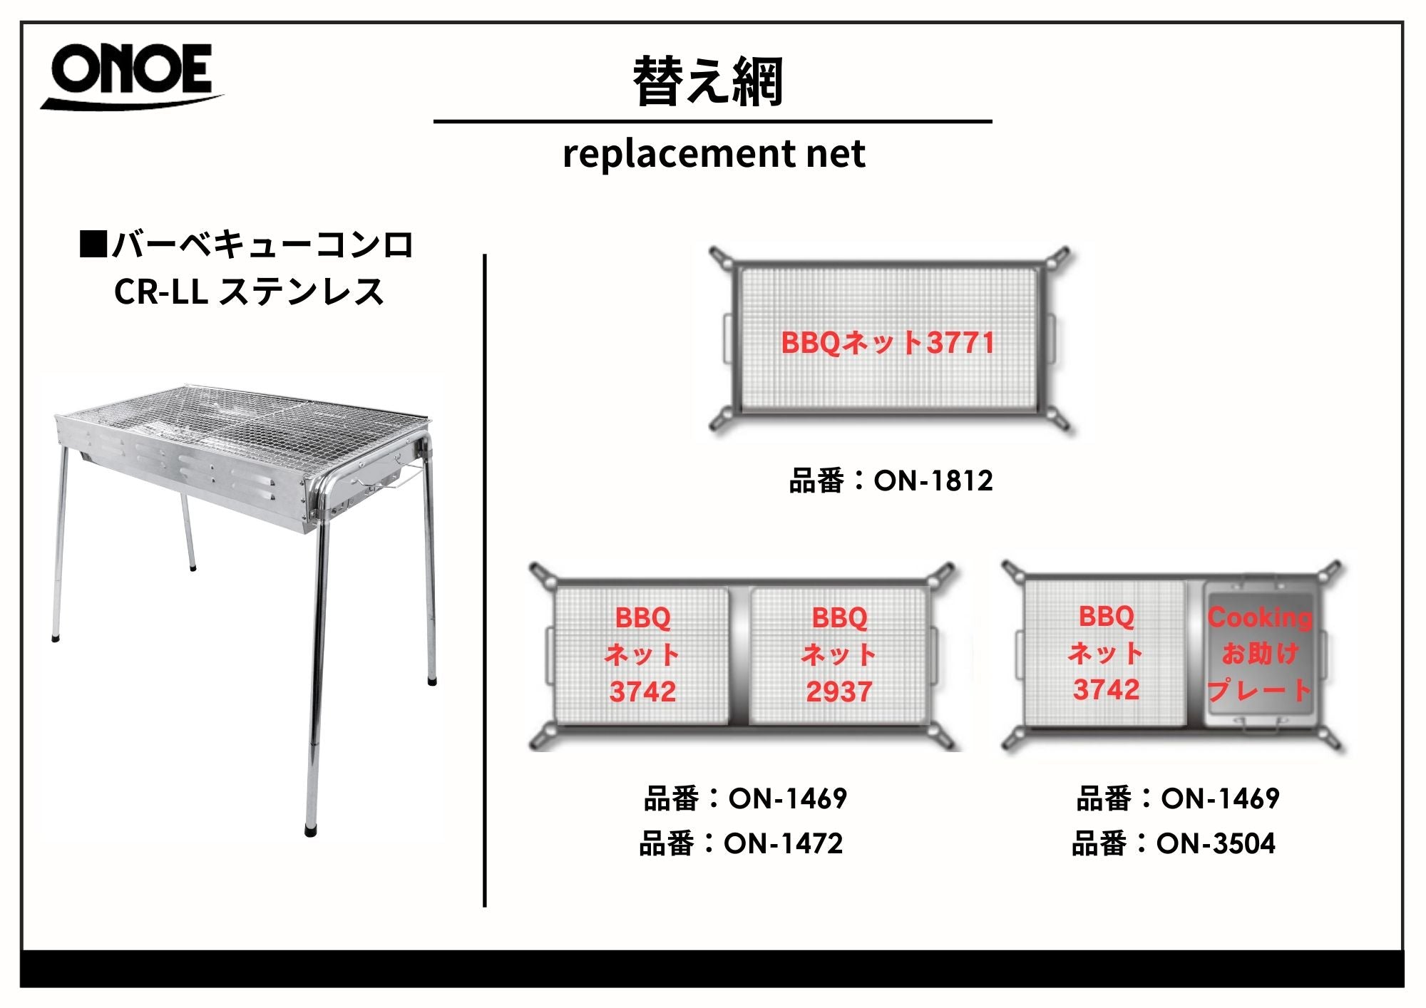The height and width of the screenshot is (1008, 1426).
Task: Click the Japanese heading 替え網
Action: click(x=709, y=81)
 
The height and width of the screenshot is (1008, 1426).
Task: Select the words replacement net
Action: click(x=714, y=153)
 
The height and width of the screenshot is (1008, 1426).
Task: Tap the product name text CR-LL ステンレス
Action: click(x=249, y=292)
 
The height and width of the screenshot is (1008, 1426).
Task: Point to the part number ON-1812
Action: click(x=933, y=481)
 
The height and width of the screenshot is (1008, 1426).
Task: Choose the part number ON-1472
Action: click(x=783, y=844)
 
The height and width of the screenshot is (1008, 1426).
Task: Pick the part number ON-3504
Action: click(x=1216, y=844)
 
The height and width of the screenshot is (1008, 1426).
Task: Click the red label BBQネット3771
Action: click(x=888, y=343)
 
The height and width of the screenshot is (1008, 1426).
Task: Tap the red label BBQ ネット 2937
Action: click(x=839, y=654)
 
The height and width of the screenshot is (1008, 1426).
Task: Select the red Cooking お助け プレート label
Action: click(x=1259, y=654)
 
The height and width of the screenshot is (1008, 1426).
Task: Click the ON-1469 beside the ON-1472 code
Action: click(x=787, y=798)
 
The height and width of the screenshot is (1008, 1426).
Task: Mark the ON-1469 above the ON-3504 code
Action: click(x=1220, y=798)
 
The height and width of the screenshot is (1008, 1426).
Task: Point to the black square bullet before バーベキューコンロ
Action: click(x=93, y=244)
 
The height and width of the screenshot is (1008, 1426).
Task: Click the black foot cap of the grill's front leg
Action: click(x=311, y=830)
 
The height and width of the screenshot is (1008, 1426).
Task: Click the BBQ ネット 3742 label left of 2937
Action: click(x=642, y=654)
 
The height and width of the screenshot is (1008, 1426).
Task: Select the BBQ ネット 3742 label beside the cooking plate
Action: click(x=1106, y=653)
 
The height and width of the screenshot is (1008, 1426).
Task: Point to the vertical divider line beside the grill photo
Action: click(x=485, y=580)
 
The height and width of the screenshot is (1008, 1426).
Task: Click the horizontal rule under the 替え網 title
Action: click(x=713, y=122)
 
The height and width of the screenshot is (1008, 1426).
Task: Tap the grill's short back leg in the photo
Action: click(x=187, y=532)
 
